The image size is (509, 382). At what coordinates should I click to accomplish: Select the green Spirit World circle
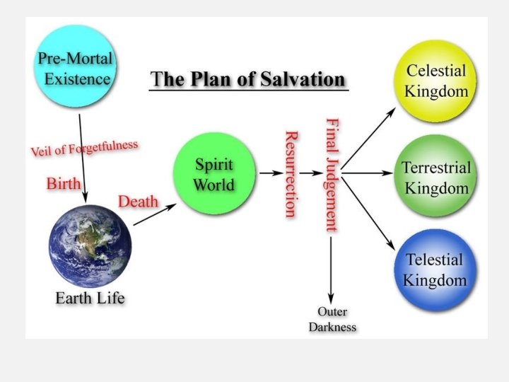pos(214,174)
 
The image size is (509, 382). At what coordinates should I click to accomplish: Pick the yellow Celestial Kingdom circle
pos(436,81)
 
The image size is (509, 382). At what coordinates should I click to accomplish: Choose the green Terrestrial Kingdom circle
pos(435,178)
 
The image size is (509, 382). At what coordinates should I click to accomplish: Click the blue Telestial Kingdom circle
pos(435,270)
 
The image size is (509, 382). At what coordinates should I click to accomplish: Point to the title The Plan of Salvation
pos(250,79)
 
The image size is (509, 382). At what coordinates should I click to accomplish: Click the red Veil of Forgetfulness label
pos(84,149)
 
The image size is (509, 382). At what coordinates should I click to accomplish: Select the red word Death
pos(138,202)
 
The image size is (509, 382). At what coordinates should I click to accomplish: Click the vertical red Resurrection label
pos(290,173)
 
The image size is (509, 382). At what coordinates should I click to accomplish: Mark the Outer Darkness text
pos(332,320)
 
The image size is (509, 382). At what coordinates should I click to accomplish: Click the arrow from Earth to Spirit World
pos(154,214)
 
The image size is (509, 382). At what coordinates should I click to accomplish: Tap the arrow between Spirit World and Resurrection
pos(269,173)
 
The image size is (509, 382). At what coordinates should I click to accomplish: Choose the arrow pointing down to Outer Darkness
pos(331,269)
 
